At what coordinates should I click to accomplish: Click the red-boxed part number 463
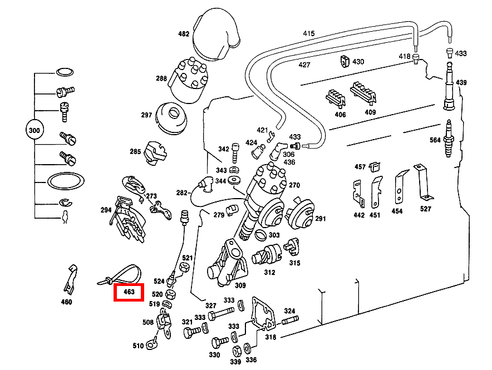tap(129, 292)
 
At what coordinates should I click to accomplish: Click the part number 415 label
tap(309, 33)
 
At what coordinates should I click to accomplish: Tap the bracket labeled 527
tap(422, 181)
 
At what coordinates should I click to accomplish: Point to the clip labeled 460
tap(69, 278)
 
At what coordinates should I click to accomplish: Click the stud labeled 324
tap(290, 321)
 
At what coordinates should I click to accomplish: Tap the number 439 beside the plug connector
tap(461, 82)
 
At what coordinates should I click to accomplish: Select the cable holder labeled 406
tap(336, 97)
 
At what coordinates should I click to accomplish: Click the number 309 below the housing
tap(240, 286)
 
